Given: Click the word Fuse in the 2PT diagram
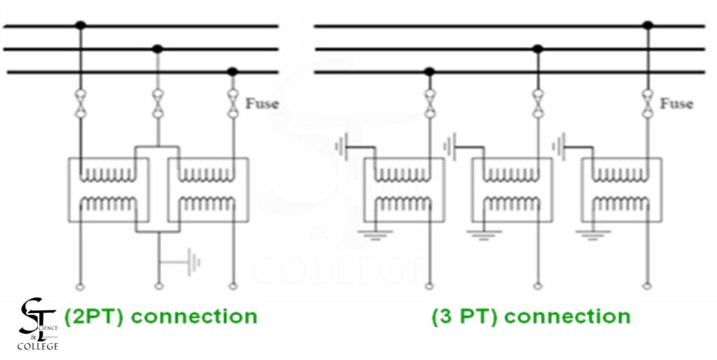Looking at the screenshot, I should [x=261, y=104].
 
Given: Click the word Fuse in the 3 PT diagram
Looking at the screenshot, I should [x=676, y=104].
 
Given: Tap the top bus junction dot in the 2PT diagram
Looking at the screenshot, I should [x=81, y=26].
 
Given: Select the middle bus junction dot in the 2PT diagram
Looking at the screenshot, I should [x=158, y=49].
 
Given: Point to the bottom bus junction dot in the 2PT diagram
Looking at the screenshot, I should [x=232, y=71].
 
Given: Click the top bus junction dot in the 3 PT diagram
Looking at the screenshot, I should [x=648, y=26].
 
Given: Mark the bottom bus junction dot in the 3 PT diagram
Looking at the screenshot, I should [x=429, y=71].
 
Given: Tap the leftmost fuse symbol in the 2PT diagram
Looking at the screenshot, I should [x=81, y=104].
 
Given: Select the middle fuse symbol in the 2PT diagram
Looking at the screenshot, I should [x=158, y=104].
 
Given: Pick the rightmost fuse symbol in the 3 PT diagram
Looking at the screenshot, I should [x=648, y=104].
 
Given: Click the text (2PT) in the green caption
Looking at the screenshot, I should [x=95, y=317].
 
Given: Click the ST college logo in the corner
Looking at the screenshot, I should [x=39, y=324].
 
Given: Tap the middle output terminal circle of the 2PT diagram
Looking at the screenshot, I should [x=158, y=286].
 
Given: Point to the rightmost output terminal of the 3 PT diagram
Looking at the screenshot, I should [x=648, y=286].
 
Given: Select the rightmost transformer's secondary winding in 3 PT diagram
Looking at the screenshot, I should [x=620, y=204].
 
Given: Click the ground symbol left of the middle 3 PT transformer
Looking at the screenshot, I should [x=450, y=147].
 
